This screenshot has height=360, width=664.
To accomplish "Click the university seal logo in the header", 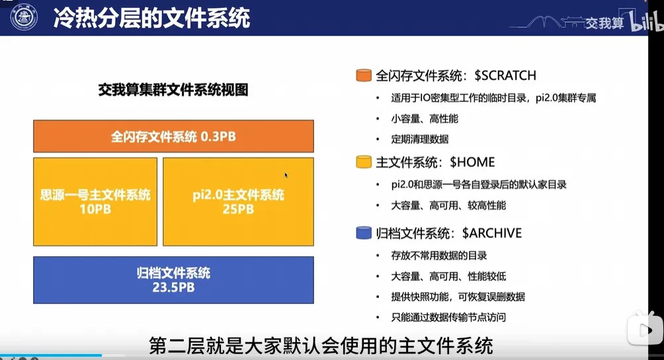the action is [24, 17].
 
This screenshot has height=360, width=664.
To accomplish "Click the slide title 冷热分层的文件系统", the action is [152, 19].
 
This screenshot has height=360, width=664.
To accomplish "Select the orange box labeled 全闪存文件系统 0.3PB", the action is [174, 136].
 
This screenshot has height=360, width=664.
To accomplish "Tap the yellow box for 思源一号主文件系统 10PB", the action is [95, 202].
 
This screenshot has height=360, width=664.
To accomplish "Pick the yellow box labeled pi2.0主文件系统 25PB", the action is [238, 202].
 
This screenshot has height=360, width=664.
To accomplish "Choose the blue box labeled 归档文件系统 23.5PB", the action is [174, 280].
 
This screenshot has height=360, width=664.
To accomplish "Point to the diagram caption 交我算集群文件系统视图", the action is [173, 90].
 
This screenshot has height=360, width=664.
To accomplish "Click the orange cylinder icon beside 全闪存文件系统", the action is [364, 75].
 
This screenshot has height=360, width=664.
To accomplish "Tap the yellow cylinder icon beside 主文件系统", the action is [364, 162].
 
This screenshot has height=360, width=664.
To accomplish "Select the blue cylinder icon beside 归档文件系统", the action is [364, 233].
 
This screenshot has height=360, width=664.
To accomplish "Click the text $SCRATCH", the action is [505, 76].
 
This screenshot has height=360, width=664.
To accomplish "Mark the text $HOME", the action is [472, 162].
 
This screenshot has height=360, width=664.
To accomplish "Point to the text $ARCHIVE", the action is [492, 234].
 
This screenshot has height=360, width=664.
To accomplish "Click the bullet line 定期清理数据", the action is [420, 140].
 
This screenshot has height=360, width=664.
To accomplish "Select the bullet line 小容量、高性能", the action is [425, 119].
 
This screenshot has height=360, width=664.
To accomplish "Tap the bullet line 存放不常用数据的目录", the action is [439, 256].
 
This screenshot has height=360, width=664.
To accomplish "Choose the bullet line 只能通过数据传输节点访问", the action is [448, 317].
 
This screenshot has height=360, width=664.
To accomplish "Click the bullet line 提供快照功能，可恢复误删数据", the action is [458, 297].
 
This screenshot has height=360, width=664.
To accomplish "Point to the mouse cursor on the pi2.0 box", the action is [286, 175].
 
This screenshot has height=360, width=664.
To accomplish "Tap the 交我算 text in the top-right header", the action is [604, 23].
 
